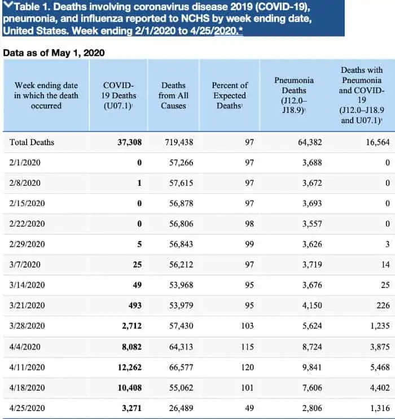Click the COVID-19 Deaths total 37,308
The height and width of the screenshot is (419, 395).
(130, 142)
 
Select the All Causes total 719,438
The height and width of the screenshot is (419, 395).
(179, 142)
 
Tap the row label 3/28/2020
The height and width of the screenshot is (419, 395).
(27, 326)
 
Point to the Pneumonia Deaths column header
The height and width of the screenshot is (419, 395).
(294, 95)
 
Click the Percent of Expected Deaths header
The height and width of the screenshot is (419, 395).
(230, 95)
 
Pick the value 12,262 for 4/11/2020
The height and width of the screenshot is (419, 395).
(130, 367)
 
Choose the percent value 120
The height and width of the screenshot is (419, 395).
(247, 367)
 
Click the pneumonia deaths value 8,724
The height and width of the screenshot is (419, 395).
(312, 347)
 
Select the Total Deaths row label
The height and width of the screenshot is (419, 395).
(32, 142)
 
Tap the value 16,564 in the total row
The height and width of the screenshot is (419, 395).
(378, 142)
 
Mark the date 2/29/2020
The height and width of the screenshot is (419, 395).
(27, 245)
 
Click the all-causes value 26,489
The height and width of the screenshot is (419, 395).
(181, 408)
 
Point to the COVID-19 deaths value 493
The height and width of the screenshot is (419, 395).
(135, 305)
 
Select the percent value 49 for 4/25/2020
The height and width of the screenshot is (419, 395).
(249, 408)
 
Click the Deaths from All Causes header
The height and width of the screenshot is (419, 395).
(173, 95)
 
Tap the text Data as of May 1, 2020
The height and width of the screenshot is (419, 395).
(54, 53)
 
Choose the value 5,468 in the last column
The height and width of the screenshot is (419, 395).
(380, 367)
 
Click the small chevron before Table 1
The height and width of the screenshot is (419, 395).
(8, 5)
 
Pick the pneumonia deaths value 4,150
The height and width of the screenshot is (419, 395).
(312, 305)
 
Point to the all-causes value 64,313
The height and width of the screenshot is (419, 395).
(181, 347)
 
